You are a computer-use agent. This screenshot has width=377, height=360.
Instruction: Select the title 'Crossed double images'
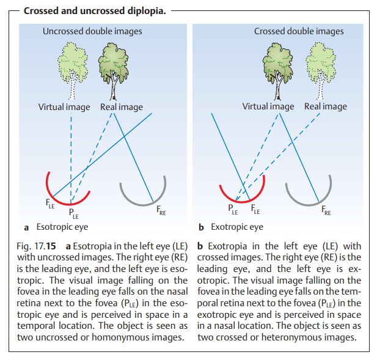[x=299, y=31]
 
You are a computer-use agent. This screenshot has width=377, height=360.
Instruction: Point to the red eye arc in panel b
[x=244, y=196]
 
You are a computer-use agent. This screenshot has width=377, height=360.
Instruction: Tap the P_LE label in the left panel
[x=73, y=215]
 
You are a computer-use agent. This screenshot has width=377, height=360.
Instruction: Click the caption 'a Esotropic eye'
[x=56, y=227]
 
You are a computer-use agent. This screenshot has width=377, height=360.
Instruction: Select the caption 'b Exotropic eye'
[x=231, y=227]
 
